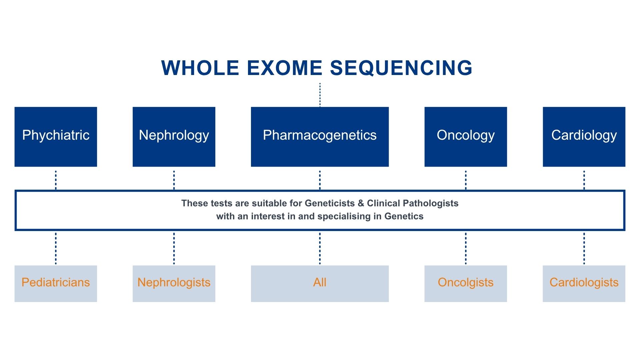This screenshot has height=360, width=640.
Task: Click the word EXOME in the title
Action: point(284,68)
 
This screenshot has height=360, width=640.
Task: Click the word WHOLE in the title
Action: point(200,68)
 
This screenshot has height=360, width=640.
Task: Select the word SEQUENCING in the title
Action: point(401,68)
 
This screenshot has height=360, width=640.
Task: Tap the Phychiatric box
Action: point(56,137)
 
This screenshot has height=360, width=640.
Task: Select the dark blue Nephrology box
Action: point(174,137)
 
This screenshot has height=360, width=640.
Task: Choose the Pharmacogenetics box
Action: point(320,137)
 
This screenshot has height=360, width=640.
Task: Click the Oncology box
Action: point(466,137)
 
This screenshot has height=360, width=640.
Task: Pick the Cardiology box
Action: point(584,137)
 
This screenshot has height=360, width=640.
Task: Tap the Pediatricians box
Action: point(56,284)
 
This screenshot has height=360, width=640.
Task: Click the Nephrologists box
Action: point(174,284)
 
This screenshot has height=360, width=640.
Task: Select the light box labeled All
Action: point(320,284)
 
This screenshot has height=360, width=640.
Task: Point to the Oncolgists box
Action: point(466,284)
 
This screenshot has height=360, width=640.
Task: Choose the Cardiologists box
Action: point(584,284)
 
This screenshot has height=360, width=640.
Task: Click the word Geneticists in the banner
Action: point(330,203)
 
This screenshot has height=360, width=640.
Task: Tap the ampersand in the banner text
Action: point(361,203)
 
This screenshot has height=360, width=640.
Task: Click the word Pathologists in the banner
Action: point(431,203)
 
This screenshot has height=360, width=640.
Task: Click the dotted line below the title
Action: point(320,95)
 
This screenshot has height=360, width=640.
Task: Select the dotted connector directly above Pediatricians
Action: point(56,249)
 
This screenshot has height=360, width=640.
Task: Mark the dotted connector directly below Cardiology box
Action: point(584,180)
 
